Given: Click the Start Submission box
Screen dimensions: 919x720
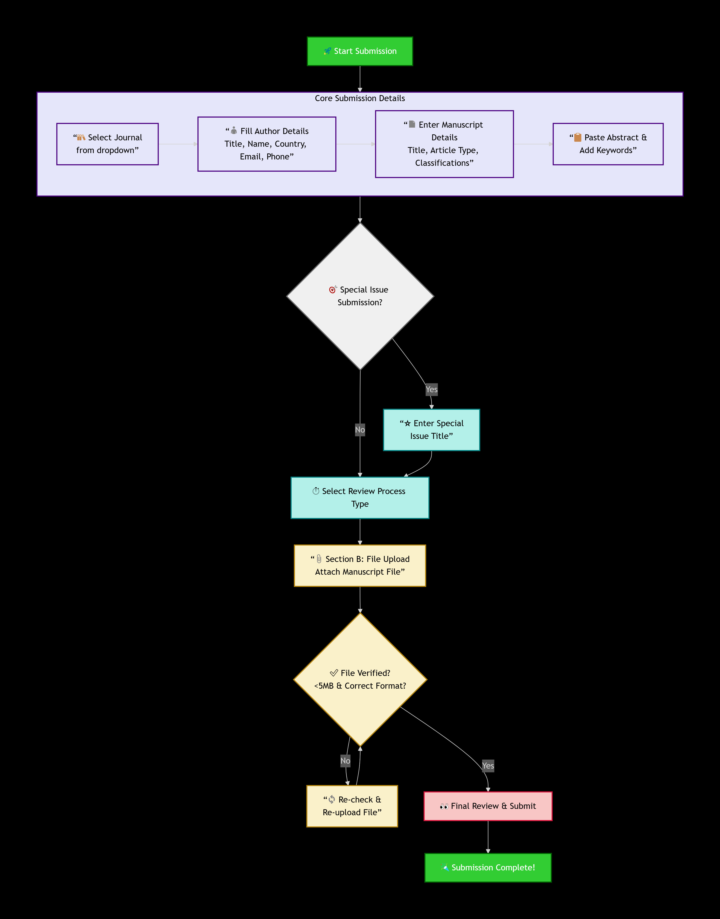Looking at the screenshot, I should tap(360, 51).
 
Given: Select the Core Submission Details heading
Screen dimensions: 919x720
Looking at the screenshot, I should tap(360, 98).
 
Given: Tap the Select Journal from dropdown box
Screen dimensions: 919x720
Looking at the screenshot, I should tap(107, 144).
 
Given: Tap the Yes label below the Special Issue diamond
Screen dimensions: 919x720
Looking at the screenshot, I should tap(431, 389).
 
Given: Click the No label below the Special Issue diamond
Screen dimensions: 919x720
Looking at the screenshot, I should tap(360, 430).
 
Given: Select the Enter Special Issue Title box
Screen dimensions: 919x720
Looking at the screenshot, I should tap(431, 430).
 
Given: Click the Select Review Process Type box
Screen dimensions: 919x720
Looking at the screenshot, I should tap(360, 497).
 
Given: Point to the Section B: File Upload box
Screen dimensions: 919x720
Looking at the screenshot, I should tap(360, 565).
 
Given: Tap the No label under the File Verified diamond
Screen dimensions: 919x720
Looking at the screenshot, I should tap(345, 760).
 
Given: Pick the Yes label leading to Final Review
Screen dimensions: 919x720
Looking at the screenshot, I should tap(488, 766).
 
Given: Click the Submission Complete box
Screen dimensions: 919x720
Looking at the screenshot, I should tap(488, 867).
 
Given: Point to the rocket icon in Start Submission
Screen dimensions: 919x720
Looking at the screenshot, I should tap(327, 51).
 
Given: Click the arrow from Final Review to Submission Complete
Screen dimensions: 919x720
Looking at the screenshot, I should tap(488, 837).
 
